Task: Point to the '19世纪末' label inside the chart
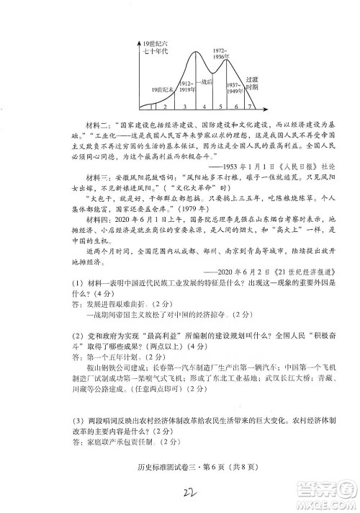tap(164, 88)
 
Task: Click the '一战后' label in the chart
tap(206, 82)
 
